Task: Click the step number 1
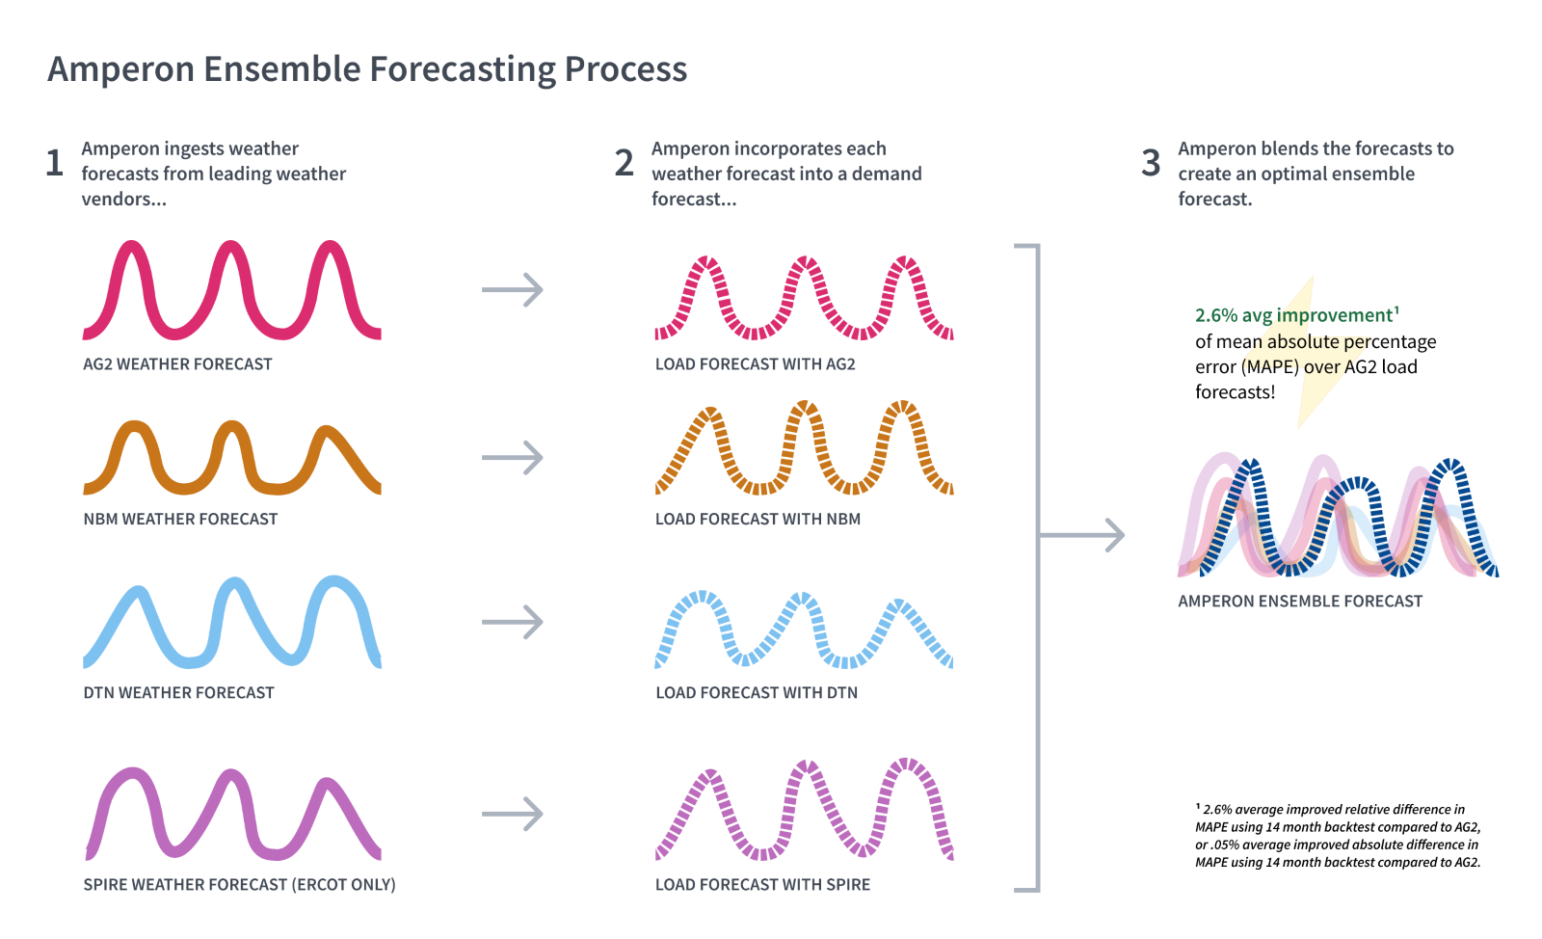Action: (55, 163)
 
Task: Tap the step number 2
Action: (625, 163)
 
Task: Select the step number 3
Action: (1151, 163)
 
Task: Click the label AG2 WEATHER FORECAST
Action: (177, 364)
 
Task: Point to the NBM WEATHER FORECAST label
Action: (180, 519)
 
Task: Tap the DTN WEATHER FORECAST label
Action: (178, 692)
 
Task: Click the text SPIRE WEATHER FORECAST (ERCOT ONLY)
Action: (239, 884)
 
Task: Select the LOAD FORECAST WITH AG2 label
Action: (755, 364)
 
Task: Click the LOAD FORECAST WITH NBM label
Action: (758, 519)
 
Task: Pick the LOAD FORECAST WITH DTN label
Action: (756, 692)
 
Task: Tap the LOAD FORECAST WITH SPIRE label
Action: (762, 884)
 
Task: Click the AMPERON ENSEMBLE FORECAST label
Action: (1299, 601)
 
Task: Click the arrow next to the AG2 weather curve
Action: (513, 289)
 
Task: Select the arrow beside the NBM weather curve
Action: (513, 457)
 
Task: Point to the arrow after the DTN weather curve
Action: (513, 622)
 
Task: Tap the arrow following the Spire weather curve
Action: (513, 814)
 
